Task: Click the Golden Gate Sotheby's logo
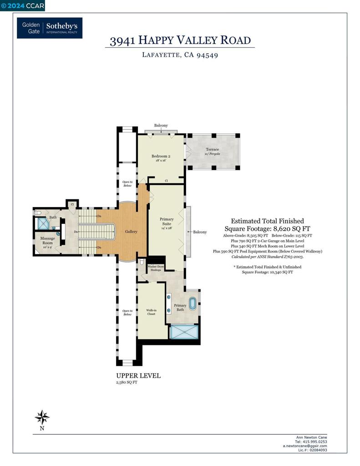(50, 28)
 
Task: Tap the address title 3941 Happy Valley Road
(180, 41)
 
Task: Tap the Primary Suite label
(167, 222)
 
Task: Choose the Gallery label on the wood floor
(131, 232)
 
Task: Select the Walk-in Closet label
(151, 312)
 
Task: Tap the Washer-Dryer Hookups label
(155, 268)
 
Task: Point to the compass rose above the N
(42, 417)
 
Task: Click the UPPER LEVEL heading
(138, 376)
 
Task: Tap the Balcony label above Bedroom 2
(161, 126)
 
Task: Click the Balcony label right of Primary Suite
(200, 232)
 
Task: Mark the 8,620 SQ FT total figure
(285, 229)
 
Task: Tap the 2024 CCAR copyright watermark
(23, 5)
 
